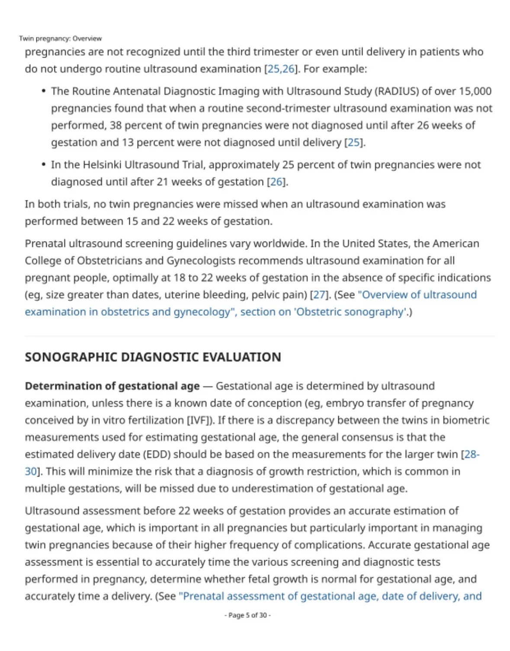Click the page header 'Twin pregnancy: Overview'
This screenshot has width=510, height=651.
60,39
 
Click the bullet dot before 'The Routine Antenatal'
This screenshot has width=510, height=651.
44,91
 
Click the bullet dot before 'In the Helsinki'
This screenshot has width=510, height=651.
44,165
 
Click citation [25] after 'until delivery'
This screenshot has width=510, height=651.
353,142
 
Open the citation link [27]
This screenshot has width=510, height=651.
319,295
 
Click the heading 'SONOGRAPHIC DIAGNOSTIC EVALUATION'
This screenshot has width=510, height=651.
153,357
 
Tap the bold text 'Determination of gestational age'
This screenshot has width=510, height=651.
112,386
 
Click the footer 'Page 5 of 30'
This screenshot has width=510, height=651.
247,615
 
